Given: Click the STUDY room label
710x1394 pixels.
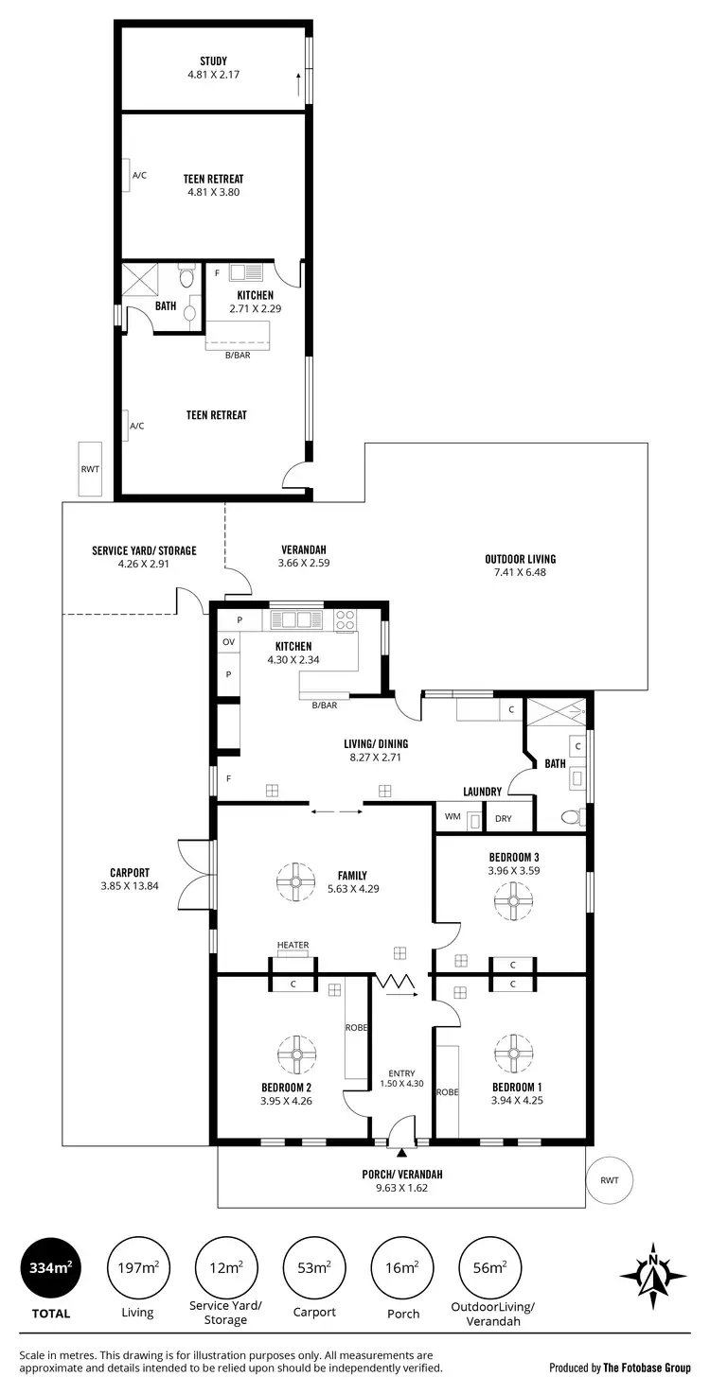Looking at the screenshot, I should point(213,61).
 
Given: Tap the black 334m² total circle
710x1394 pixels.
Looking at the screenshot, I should point(49,1267).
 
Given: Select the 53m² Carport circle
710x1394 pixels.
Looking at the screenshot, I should point(313,1267).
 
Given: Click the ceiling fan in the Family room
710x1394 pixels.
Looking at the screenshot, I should point(295,881).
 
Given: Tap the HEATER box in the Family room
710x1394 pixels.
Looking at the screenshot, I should point(293,949).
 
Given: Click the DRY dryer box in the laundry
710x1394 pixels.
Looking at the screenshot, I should point(503,818).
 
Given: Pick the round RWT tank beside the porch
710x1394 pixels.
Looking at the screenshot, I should point(609,1180).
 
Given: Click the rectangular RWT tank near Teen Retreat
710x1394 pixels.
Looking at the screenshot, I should point(89,468).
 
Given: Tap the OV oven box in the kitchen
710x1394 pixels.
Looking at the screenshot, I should point(228,642).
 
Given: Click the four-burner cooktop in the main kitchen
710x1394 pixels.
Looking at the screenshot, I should point(346,620).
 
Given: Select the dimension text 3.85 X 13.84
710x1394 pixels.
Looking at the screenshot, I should point(130,886).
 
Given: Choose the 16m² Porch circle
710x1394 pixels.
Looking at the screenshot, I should point(401,1267).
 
